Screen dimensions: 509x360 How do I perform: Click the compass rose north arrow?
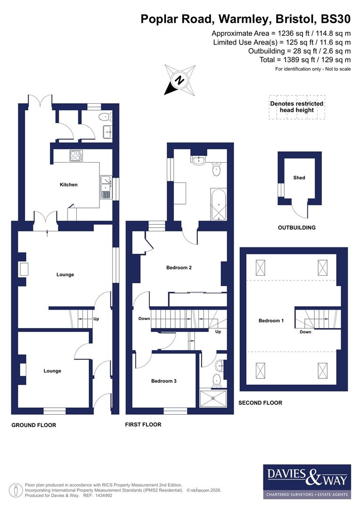[179, 80]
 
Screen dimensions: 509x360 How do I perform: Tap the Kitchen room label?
[68, 185]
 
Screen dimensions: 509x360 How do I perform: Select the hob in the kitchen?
[76, 156]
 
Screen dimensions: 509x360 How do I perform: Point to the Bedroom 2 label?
[179, 268]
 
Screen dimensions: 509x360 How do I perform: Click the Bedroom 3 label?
[164, 381]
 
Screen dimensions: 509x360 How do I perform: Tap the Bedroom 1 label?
[271, 321]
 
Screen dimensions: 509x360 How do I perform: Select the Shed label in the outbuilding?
[299, 178]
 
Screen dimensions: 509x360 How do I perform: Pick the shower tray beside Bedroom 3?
[213, 398]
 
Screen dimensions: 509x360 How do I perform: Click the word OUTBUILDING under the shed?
[296, 228]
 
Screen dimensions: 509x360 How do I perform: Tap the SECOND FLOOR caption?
[260, 403]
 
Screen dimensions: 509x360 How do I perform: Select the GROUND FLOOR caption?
[33, 425]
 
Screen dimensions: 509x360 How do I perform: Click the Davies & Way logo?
[306, 481]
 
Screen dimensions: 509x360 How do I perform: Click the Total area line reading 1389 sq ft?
[305, 60]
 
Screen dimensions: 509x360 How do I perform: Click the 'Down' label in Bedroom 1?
[305, 332]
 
